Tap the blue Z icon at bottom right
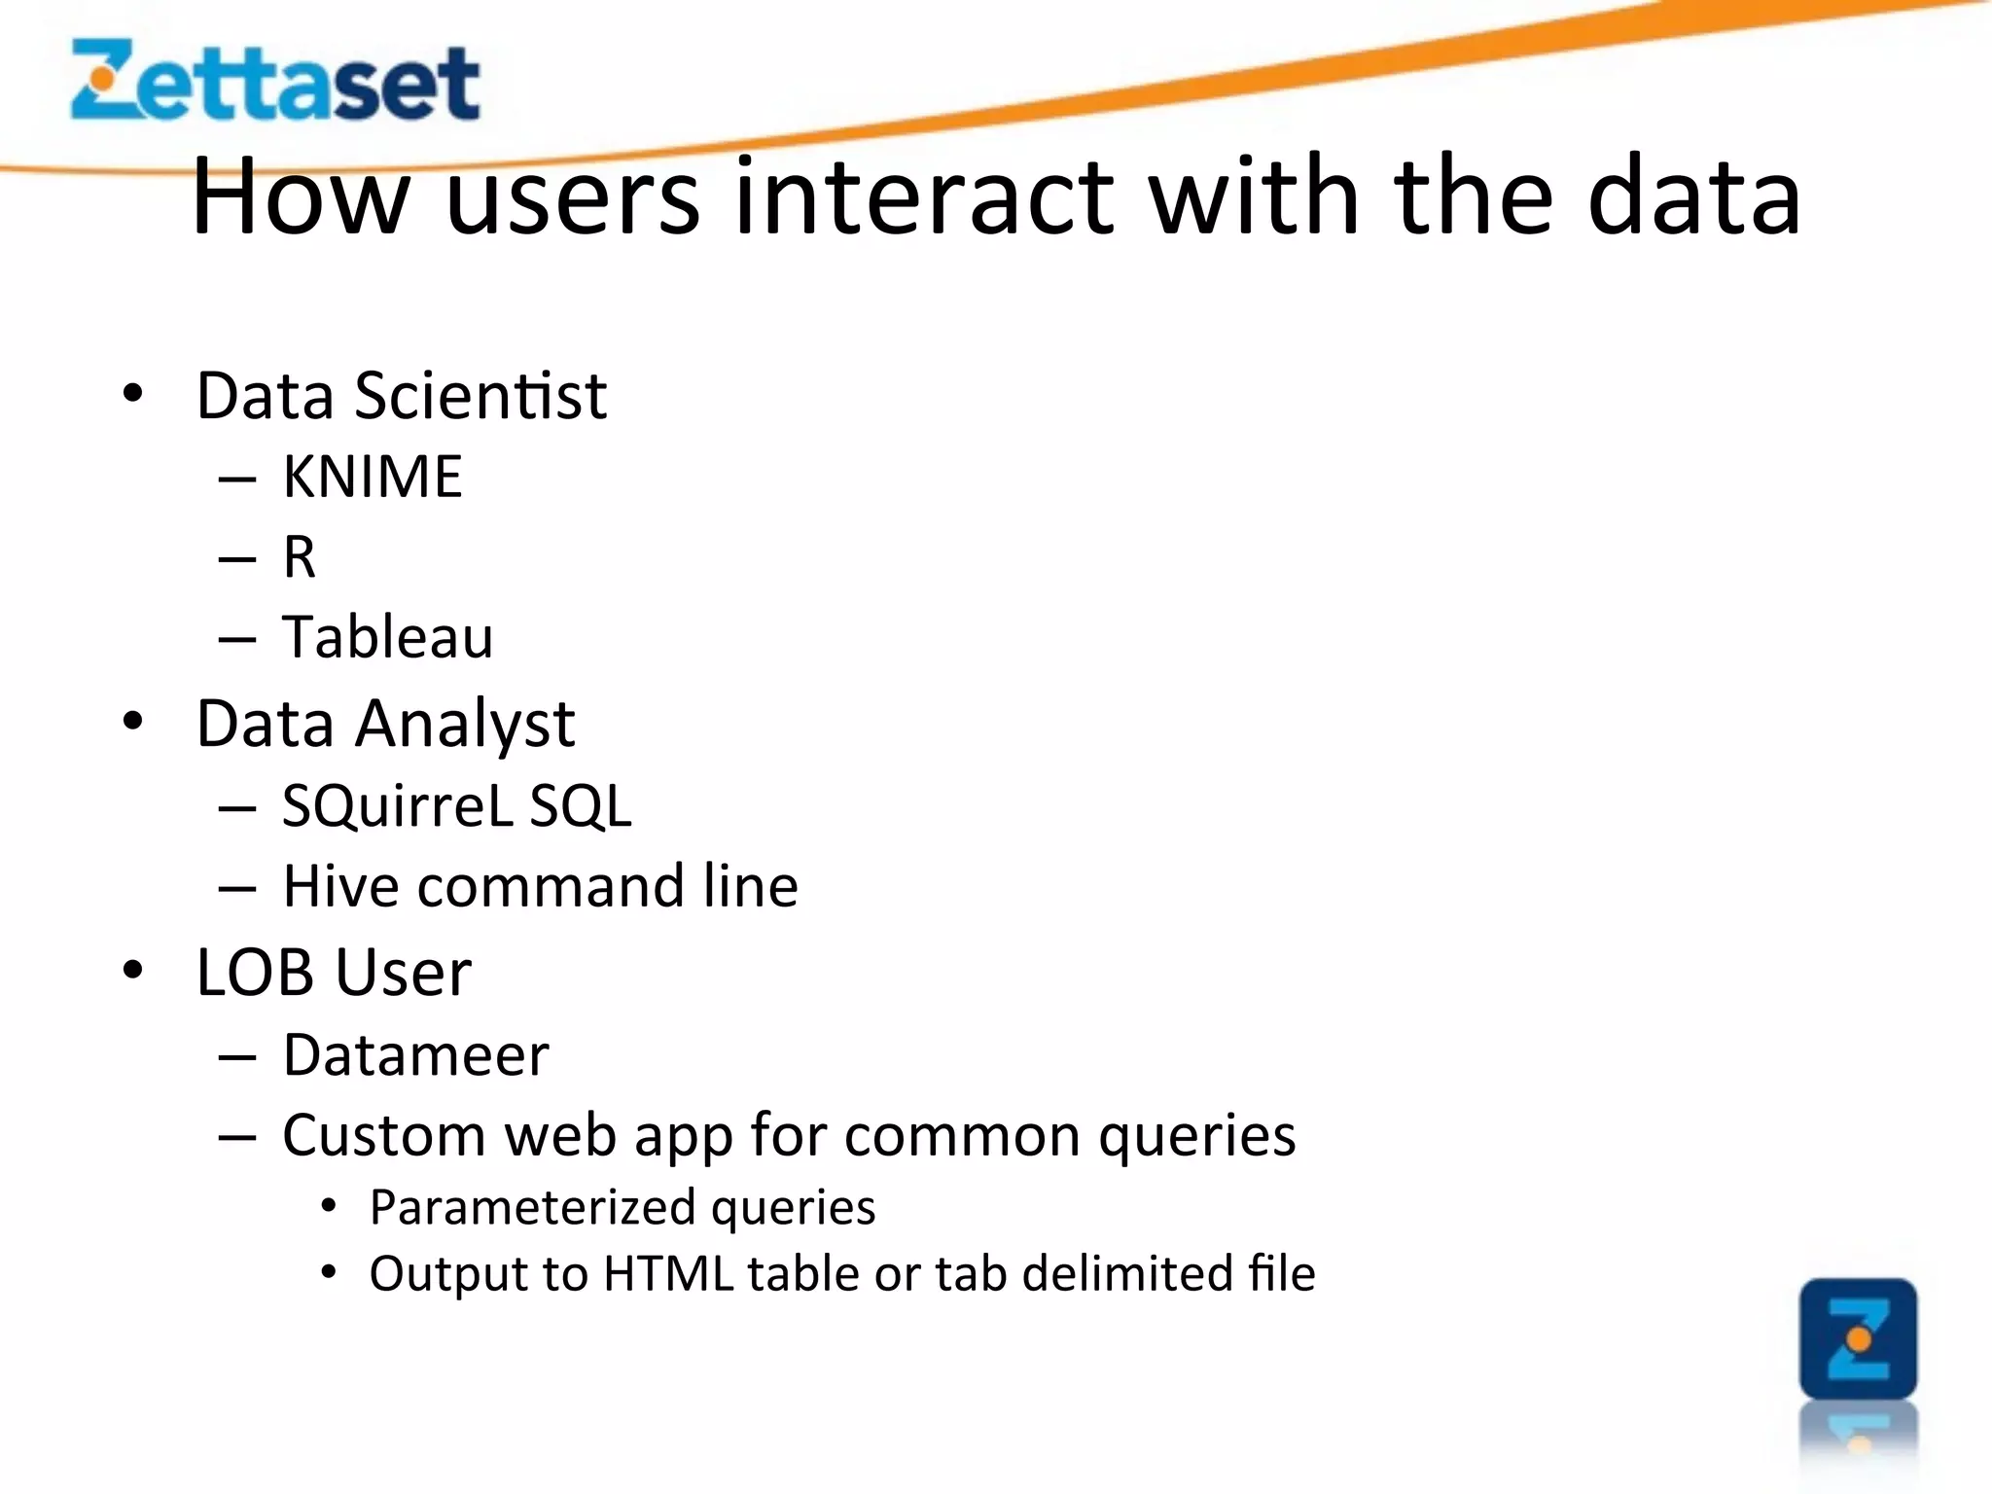1858,1338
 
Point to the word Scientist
480,396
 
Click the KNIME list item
373,477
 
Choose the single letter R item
300,557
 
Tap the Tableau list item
388,638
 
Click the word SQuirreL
397,805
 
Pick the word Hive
341,886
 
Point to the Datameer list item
416,1054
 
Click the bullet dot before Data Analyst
133,722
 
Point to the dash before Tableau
237,640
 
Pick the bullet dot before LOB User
133,970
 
